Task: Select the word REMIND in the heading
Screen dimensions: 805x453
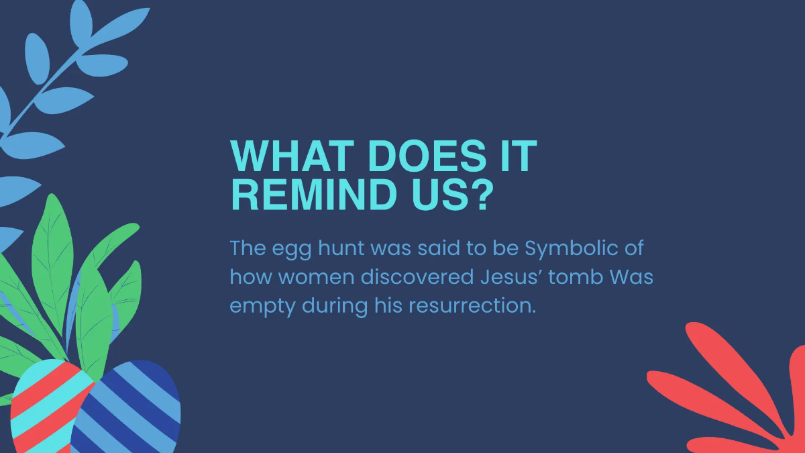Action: coord(314,195)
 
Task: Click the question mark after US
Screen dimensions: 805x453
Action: coord(482,194)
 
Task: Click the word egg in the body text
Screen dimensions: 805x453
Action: coord(291,250)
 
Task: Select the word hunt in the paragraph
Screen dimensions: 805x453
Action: coord(341,248)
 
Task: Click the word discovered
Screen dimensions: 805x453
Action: coord(417,276)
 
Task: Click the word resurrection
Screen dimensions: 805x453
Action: coord(472,306)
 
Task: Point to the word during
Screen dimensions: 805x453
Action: coord(335,307)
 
